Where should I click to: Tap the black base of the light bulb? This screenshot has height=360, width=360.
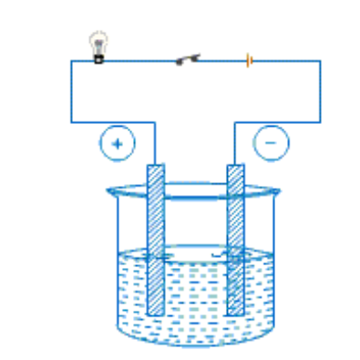tap(98, 57)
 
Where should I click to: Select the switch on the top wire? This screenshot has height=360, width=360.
tap(187, 60)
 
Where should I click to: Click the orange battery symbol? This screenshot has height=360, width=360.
tap(248, 61)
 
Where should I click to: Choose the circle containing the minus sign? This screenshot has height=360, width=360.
tap(271, 142)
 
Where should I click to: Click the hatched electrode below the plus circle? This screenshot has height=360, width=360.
tap(157, 237)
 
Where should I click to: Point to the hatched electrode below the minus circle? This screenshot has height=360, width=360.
tap(235, 237)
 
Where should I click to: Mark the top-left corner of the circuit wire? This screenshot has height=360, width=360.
tap(72, 61)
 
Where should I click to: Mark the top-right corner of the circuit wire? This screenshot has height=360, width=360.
tap(320, 61)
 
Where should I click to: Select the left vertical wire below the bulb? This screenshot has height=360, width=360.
tap(72, 91)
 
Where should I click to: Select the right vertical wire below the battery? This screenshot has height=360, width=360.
tap(320, 91)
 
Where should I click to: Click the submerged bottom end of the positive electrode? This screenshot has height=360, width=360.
tap(157, 310)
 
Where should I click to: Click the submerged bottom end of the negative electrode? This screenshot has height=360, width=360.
tap(235, 310)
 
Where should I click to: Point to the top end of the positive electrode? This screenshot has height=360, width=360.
tap(157, 168)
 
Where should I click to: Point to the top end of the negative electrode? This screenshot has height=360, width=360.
tap(235, 168)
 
